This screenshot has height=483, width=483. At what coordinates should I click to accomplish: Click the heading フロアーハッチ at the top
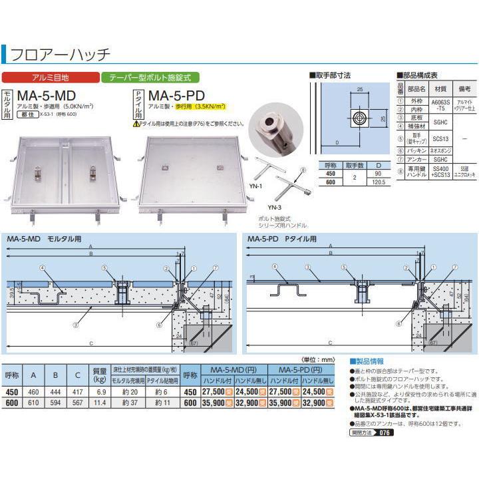tap(61, 54)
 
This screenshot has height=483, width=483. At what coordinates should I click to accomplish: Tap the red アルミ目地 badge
tap(51, 77)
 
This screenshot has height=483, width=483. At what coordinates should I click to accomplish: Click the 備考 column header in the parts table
tap(464, 88)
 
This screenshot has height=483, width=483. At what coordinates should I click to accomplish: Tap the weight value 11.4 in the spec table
tap(100, 403)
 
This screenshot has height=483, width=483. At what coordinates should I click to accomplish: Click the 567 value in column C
tap(79, 403)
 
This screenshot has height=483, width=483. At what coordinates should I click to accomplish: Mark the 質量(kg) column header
tap(100, 377)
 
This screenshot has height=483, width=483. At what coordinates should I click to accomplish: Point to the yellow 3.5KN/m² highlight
tap(210, 106)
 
